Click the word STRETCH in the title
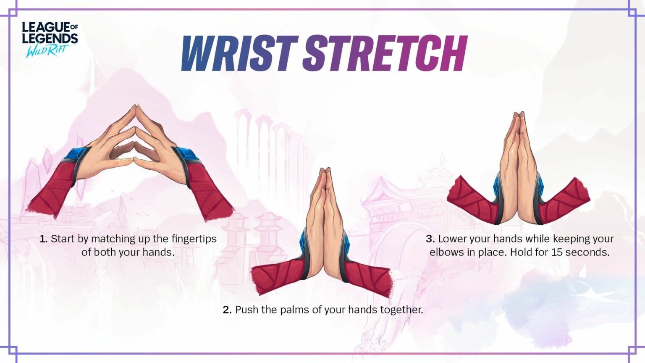(384, 53)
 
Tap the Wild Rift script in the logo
(47, 52)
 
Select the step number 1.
(43, 239)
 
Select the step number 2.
(227, 310)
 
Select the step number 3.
(430, 239)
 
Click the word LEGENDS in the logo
(50, 39)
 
